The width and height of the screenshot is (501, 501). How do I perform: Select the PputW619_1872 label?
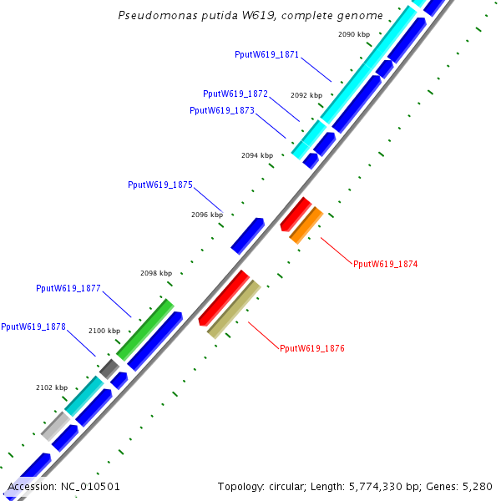point(235,94)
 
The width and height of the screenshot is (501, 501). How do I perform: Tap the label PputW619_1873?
point(221,110)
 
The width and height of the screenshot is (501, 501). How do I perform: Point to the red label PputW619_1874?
point(385,264)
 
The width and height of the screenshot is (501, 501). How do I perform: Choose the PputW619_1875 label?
point(160,185)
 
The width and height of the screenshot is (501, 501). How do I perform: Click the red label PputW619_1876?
point(311,348)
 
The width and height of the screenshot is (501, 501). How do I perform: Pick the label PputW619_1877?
point(68,288)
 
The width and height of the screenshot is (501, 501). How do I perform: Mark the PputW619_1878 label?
point(33,326)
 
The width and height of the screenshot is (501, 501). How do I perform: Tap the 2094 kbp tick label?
point(257,155)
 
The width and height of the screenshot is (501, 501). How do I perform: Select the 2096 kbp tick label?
point(207,215)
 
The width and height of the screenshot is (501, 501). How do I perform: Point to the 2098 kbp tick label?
point(156,273)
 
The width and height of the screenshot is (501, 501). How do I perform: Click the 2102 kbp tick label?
point(52,387)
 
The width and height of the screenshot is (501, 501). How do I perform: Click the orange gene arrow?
point(306,225)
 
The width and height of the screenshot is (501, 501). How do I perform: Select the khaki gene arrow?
point(234,309)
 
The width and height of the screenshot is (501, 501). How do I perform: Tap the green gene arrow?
point(145,329)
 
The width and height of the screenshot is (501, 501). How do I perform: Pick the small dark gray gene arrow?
point(109,367)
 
